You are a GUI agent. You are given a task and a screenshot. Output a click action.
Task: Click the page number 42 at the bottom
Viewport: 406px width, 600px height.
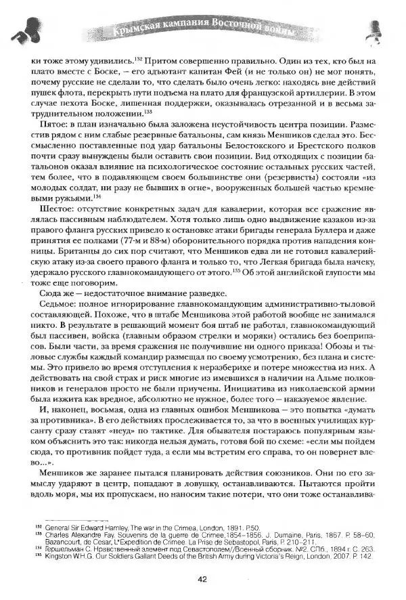point(202,578)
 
